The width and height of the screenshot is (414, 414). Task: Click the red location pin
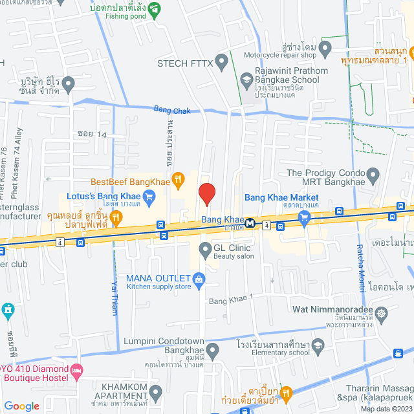coord(206,193)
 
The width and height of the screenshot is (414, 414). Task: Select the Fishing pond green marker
coord(154,10)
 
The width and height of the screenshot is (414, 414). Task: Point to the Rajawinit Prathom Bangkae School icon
coord(246,80)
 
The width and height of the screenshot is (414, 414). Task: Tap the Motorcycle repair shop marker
coord(325,47)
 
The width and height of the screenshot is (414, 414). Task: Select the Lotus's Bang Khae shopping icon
coord(148,201)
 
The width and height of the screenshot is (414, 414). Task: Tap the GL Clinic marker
coord(204,248)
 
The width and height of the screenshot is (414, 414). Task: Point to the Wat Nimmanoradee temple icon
coord(382,313)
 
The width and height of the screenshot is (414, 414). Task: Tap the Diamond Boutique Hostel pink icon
coord(77,372)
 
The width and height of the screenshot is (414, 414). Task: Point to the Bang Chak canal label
coord(172,111)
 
